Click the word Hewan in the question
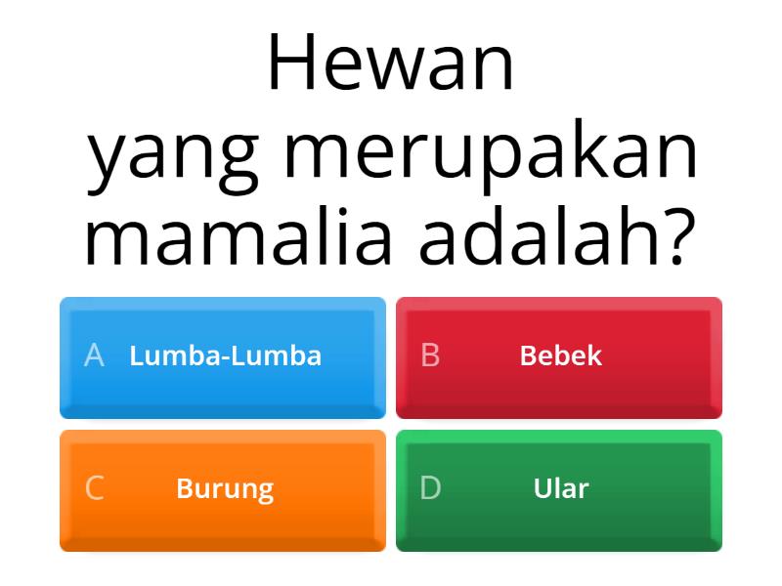click(x=391, y=64)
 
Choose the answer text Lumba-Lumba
click(x=225, y=356)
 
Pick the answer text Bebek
click(x=561, y=356)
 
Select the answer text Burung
click(x=225, y=488)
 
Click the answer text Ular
click(x=561, y=488)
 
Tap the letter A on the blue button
click(x=94, y=356)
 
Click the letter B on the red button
click(x=430, y=356)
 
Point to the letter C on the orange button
click(x=94, y=488)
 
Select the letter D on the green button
click(x=430, y=488)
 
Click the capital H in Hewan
click(x=290, y=64)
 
